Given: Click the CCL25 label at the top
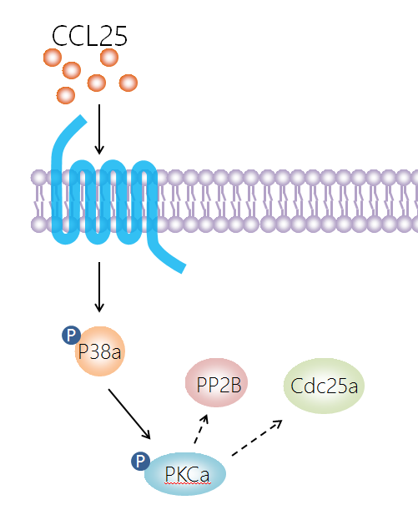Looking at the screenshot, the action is pyautogui.click(x=89, y=36).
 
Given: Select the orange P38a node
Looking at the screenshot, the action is pyautogui.click(x=100, y=351).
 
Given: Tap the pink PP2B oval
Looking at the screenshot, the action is pyautogui.click(x=216, y=382).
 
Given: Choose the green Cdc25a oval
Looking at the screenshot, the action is pyautogui.click(x=324, y=386).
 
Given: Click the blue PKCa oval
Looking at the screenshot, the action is pyautogui.click(x=185, y=474).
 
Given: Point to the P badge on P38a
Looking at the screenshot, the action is pyautogui.click(x=71, y=335).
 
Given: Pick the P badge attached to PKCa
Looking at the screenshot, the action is pyautogui.click(x=140, y=461).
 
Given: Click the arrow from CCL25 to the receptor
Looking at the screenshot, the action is pyautogui.click(x=99, y=129).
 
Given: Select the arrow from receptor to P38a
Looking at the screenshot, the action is pyautogui.click(x=99, y=287).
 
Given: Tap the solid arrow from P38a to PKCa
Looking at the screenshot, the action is pyautogui.click(x=129, y=414).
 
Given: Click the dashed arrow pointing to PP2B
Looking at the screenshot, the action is pyautogui.click(x=201, y=429).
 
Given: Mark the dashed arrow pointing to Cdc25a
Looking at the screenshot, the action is pyautogui.click(x=257, y=437).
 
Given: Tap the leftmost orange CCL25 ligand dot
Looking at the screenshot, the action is pyautogui.click(x=53, y=58).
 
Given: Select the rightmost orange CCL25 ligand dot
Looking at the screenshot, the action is pyautogui.click(x=128, y=83).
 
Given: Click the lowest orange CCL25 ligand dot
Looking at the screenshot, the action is pyautogui.click(x=66, y=95).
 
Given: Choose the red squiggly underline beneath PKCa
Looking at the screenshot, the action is pyautogui.click(x=188, y=483).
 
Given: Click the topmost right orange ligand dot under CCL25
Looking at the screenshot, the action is pyautogui.click(x=109, y=58).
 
